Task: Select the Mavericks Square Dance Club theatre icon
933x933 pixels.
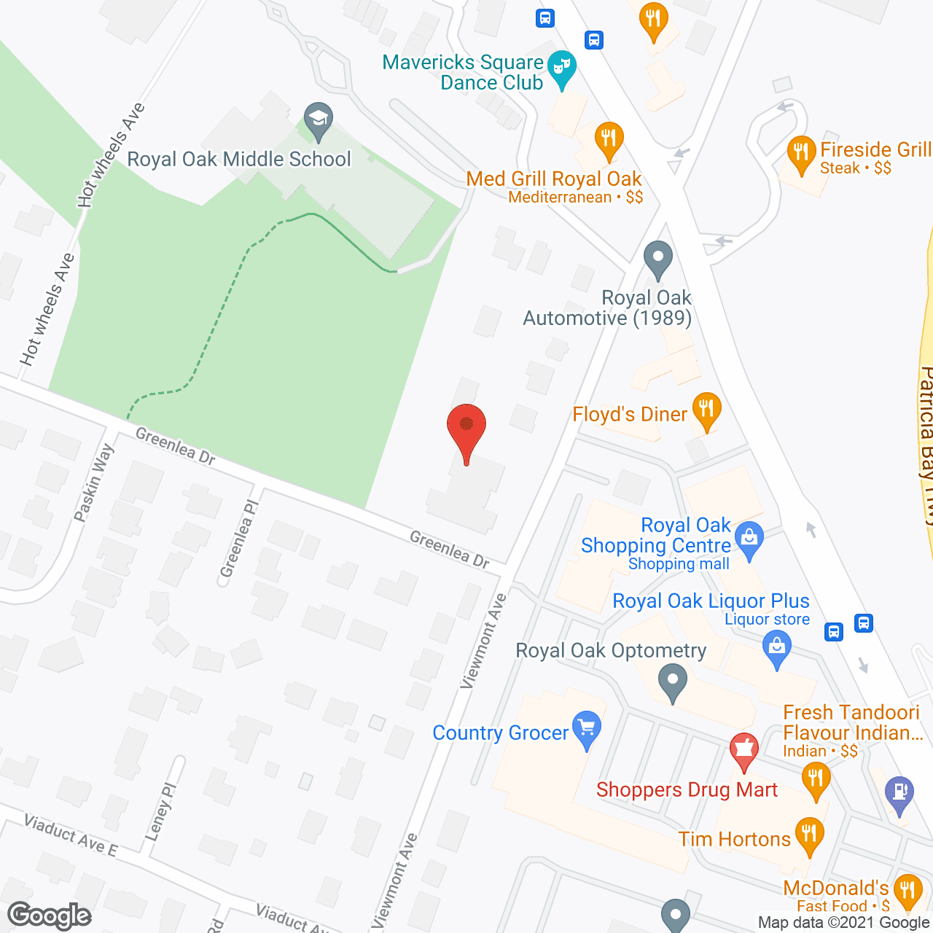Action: click(561, 67)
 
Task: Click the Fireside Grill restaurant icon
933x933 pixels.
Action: click(800, 152)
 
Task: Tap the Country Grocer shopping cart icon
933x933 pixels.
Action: click(587, 727)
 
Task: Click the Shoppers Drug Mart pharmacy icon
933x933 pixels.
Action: click(744, 749)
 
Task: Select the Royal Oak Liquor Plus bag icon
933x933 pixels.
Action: click(776, 647)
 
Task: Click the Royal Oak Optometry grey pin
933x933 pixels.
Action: click(672, 683)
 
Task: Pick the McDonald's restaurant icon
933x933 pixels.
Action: click(907, 890)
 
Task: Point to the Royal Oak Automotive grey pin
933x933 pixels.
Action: click(658, 258)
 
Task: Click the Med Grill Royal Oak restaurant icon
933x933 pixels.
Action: click(608, 138)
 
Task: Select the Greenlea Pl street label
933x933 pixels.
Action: click(240, 538)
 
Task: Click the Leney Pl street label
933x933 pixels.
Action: click(161, 811)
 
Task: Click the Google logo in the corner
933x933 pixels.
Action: click(50, 916)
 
